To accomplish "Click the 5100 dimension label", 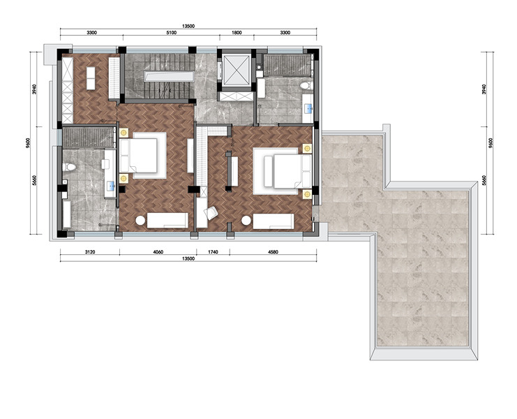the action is [x=171, y=32].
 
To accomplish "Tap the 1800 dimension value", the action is [x=237, y=32].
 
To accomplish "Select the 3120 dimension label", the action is [x=90, y=251].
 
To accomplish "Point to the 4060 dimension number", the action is [x=158, y=251].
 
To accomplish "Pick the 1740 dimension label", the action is [x=213, y=251].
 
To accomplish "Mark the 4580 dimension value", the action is [x=273, y=251].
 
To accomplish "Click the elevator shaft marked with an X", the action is [x=236, y=69].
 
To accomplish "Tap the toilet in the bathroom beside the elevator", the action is [x=306, y=85].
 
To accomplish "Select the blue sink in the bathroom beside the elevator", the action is [x=309, y=108].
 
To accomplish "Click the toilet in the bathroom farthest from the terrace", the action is [x=69, y=167].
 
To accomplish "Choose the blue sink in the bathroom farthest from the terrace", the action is [x=111, y=186].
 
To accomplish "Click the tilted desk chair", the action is [x=211, y=213].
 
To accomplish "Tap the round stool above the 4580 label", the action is [x=246, y=221].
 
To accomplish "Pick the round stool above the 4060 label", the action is [x=140, y=221].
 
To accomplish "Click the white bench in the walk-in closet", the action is [x=91, y=78].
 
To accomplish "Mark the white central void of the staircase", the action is [x=168, y=77].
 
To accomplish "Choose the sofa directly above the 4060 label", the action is [x=167, y=221].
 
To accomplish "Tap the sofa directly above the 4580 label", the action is [x=274, y=221].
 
